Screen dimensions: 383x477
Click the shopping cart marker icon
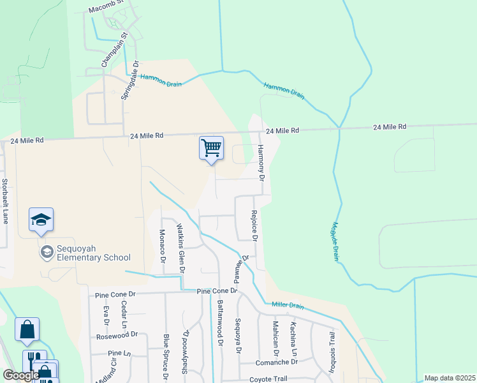click(211, 148)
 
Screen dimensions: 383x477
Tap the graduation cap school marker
click(41, 220)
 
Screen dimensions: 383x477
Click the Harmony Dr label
click(260, 162)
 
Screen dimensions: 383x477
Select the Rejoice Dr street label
click(254, 226)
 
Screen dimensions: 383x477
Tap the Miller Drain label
click(288, 305)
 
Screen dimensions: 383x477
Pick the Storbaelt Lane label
click(5, 200)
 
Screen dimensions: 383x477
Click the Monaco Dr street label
click(162, 246)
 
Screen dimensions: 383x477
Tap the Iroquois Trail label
click(332, 348)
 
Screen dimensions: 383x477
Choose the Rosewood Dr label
click(117, 335)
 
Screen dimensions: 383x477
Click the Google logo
click(20, 376)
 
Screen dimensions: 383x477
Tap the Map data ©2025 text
click(450, 378)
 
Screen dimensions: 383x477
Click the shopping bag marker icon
click(27, 330)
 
